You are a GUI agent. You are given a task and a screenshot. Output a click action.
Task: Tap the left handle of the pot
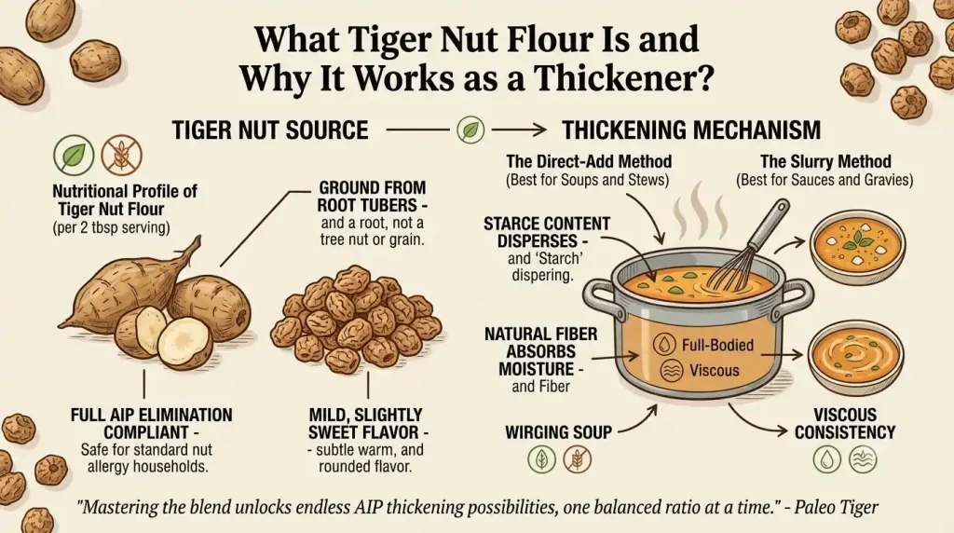599,296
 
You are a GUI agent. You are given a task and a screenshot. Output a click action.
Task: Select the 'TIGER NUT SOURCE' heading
270,130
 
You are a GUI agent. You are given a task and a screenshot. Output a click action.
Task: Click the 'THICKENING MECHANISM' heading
691,130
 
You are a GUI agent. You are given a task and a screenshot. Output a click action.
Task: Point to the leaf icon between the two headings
470,130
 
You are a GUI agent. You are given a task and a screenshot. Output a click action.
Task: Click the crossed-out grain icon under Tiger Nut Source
122,156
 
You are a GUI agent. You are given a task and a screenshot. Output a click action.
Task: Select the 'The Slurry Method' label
825,162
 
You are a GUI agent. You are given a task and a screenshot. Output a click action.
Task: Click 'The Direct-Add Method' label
589,162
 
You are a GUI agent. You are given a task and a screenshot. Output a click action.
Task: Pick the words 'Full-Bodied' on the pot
717,345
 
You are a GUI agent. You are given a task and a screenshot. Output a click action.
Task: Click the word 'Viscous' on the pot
715,370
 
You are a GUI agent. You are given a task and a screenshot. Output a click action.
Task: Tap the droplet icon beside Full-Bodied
664,345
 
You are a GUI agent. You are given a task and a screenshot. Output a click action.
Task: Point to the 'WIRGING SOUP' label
558,432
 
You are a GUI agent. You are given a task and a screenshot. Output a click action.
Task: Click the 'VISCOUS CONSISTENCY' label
844,423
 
